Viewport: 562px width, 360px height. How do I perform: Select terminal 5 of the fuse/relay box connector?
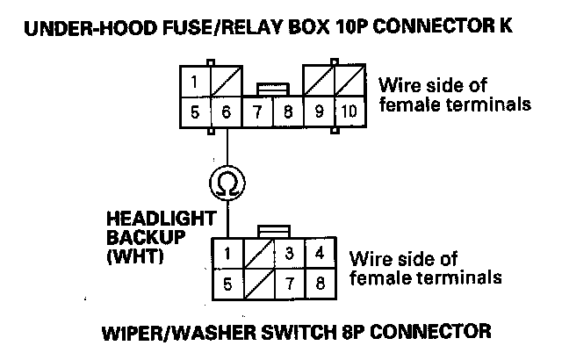(196, 112)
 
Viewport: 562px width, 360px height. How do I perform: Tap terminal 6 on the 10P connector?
(227, 112)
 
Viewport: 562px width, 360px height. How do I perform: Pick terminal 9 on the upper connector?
(319, 112)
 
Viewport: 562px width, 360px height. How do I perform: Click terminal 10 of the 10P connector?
(349, 112)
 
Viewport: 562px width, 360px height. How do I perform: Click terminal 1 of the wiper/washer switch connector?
(227, 255)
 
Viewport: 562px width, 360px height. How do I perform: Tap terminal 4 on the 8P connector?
(321, 255)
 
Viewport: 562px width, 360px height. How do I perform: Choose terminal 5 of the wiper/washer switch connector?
(227, 284)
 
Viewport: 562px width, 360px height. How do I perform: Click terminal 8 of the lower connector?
(321, 284)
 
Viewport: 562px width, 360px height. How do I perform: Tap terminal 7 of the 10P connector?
(257, 112)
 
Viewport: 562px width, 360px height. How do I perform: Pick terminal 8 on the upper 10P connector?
(287, 112)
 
